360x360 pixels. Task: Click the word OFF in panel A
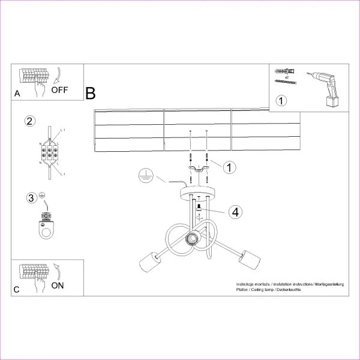tap(60, 91)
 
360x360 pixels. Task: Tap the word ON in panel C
tap(58, 285)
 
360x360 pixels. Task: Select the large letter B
tap(91, 94)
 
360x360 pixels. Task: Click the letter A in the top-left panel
tap(17, 94)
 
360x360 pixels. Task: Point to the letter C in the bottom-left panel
tap(17, 290)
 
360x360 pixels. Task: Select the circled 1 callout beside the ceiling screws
tap(229, 167)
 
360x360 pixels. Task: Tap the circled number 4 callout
tap(236, 211)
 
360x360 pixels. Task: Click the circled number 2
tap(29, 121)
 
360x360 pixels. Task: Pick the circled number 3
tap(31, 198)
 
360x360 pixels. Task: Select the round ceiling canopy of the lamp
tap(198, 193)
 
